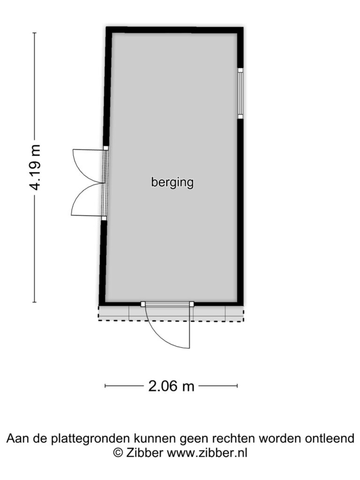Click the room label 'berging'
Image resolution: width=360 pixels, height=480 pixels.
tap(172, 182)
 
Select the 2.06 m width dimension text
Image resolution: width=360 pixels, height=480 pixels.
tap(171, 386)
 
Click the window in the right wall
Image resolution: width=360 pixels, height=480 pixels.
tap(240, 93)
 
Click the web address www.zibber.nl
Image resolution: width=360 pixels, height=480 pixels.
tap(207, 453)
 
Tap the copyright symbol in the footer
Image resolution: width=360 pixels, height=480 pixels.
tap(118, 453)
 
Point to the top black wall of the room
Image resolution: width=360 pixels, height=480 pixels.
tap(174, 30)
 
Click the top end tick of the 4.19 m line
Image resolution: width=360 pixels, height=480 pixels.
tap(34, 33)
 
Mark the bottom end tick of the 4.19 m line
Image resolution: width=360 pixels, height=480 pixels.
tap(34, 302)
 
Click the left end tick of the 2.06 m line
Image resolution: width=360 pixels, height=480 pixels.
tap(105, 386)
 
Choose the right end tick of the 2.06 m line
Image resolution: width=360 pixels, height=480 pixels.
tap(237, 386)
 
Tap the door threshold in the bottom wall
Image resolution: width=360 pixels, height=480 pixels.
tap(167, 304)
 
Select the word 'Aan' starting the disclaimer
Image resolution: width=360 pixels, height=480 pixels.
tap(17, 438)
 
